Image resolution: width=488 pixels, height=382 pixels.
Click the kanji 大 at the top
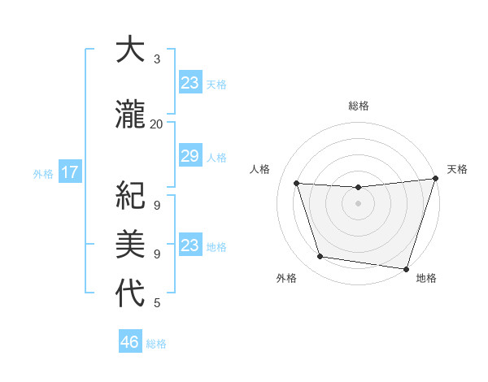click(x=129, y=50)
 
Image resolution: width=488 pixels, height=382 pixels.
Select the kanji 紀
click(x=130, y=196)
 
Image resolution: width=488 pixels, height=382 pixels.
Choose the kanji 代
click(x=130, y=293)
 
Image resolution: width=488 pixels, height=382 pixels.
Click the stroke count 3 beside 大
click(x=157, y=59)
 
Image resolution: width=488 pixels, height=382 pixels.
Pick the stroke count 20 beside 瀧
click(x=156, y=124)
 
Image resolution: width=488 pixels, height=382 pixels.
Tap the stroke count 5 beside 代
click(x=157, y=303)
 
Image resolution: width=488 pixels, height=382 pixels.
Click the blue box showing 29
click(x=190, y=156)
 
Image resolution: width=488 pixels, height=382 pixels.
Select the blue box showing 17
click(x=70, y=172)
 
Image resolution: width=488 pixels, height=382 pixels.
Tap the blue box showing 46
click(x=130, y=342)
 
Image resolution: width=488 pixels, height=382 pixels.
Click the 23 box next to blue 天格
click(x=190, y=83)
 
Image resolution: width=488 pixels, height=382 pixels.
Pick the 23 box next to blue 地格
click(x=190, y=245)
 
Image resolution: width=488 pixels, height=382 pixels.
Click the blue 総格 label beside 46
click(x=156, y=344)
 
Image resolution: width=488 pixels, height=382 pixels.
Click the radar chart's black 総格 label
click(x=359, y=106)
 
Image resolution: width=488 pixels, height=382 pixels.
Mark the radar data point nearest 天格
click(x=435, y=179)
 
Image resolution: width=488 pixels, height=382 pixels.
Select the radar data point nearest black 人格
click(x=297, y=183)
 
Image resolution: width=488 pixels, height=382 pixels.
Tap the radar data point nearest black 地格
click(x=406, y=267)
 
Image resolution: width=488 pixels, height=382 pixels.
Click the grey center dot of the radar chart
click(x=358, y=203)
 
